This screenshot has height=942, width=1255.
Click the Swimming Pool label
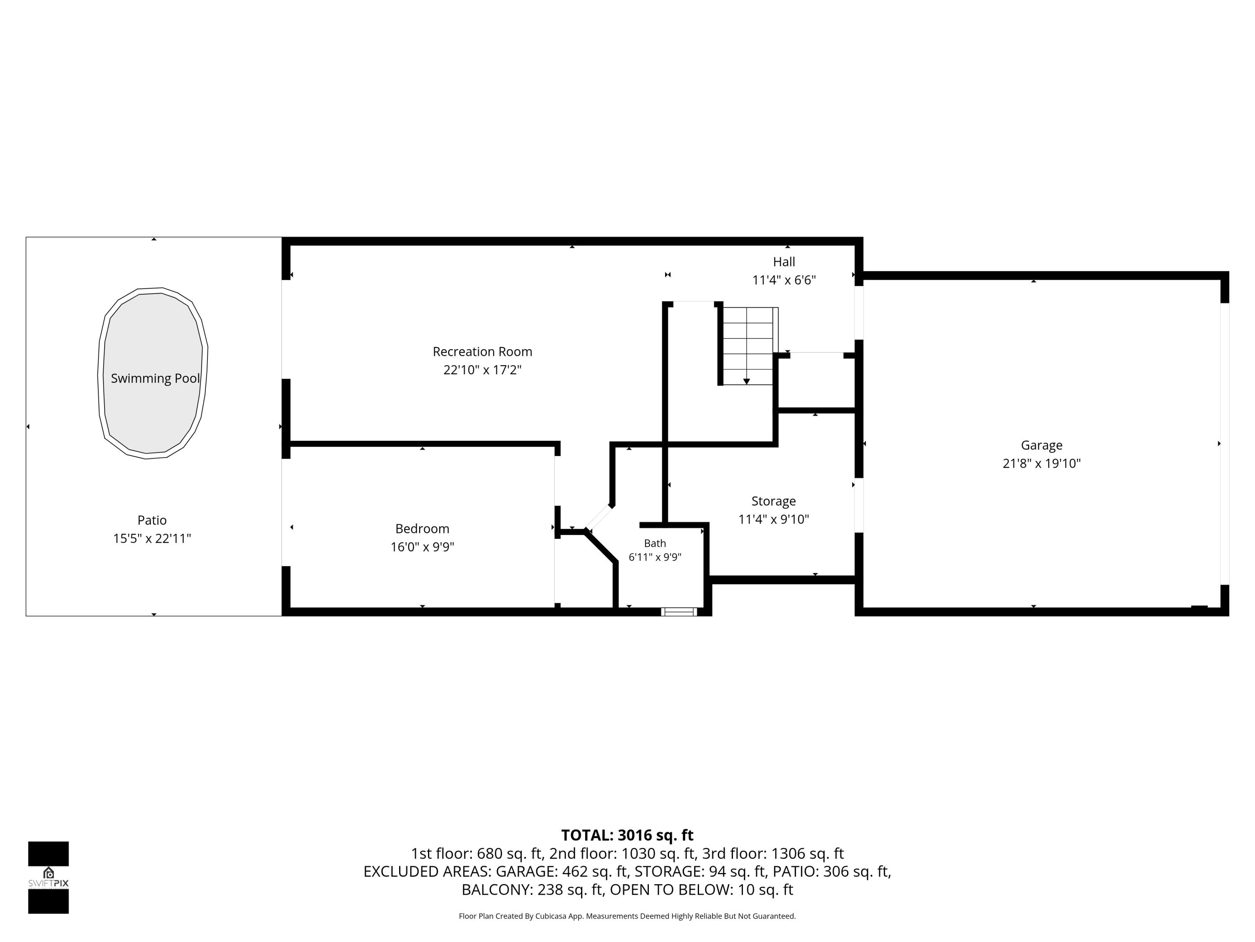[x=155, y=378]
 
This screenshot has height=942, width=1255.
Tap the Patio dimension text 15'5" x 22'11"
[x=152, y=538]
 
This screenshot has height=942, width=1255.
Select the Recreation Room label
[x=482, y=352]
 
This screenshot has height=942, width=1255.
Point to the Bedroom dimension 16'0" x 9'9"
[x=422, y=547]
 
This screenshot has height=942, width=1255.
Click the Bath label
[x=655, y=543]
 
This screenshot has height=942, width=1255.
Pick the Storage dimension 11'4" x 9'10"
[x=773, y=519]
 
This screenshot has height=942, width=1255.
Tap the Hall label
[x=784, y=262]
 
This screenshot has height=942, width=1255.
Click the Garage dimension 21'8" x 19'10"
[x=1042, y=463]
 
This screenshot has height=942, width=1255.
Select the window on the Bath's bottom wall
[x=679, y=612]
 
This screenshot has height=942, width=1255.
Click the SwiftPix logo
[x=48, y=877]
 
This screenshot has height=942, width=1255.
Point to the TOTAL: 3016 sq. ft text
[x=627, y=835]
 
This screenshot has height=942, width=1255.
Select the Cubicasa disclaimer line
[x=627, y=916]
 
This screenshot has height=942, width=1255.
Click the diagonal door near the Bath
[x=599, y=517]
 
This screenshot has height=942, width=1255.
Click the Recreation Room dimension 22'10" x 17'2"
[x=482, y=370]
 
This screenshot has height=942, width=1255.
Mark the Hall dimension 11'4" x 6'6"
[x=784, y=280]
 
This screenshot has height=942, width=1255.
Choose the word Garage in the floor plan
[x=1042, y=445]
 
